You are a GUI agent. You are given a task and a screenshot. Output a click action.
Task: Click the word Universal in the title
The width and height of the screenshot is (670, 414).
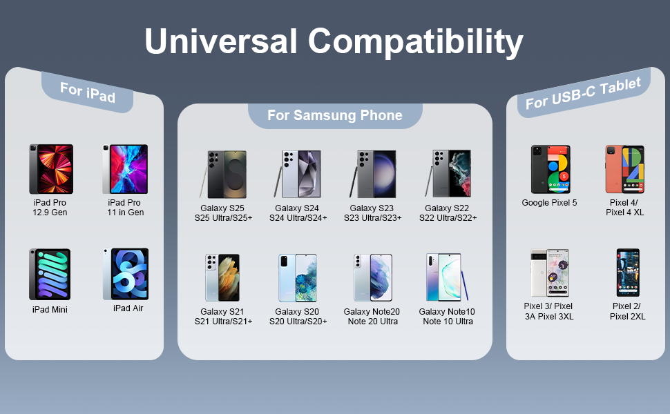point(220,41)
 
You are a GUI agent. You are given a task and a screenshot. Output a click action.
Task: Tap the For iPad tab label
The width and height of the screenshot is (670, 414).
point(88,92)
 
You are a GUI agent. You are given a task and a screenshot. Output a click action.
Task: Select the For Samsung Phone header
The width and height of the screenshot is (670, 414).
point(335,115)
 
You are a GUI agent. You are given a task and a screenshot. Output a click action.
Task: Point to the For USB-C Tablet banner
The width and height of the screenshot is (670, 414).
point(583,93)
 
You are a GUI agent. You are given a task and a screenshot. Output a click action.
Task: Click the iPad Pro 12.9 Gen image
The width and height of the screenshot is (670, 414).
point(51,169)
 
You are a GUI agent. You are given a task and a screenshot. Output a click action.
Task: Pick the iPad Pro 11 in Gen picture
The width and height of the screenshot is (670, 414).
point(125,169)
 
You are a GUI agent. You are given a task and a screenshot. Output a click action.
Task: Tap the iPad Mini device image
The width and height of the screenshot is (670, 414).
point(50,275)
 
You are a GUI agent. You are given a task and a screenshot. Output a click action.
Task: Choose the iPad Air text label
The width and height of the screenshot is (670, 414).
point(128,308)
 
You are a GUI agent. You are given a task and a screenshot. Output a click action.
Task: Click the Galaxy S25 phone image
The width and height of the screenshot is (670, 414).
point(223,174)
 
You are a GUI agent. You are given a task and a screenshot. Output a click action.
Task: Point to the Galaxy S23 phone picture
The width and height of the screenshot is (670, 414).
point(372,174)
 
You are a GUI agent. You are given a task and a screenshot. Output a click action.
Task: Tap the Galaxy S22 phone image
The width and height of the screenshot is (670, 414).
point(448,173)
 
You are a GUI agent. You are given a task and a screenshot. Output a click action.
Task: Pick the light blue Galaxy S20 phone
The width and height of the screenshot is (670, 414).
point(298,278)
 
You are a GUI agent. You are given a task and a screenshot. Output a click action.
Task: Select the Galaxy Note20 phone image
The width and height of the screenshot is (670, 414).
point(372,278)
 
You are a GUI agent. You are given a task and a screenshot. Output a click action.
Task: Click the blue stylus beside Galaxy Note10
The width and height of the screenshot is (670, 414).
point(464,285)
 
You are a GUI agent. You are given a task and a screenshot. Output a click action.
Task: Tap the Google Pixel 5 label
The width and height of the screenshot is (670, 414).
point(549,203)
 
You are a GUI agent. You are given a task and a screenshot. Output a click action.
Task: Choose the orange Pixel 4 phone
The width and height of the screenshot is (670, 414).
point(624,169)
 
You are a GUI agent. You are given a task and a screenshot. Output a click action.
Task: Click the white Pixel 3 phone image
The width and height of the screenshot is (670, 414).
point(550,273)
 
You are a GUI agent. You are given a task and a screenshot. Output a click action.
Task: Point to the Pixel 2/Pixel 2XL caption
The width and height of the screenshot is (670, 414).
point(627,311)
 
